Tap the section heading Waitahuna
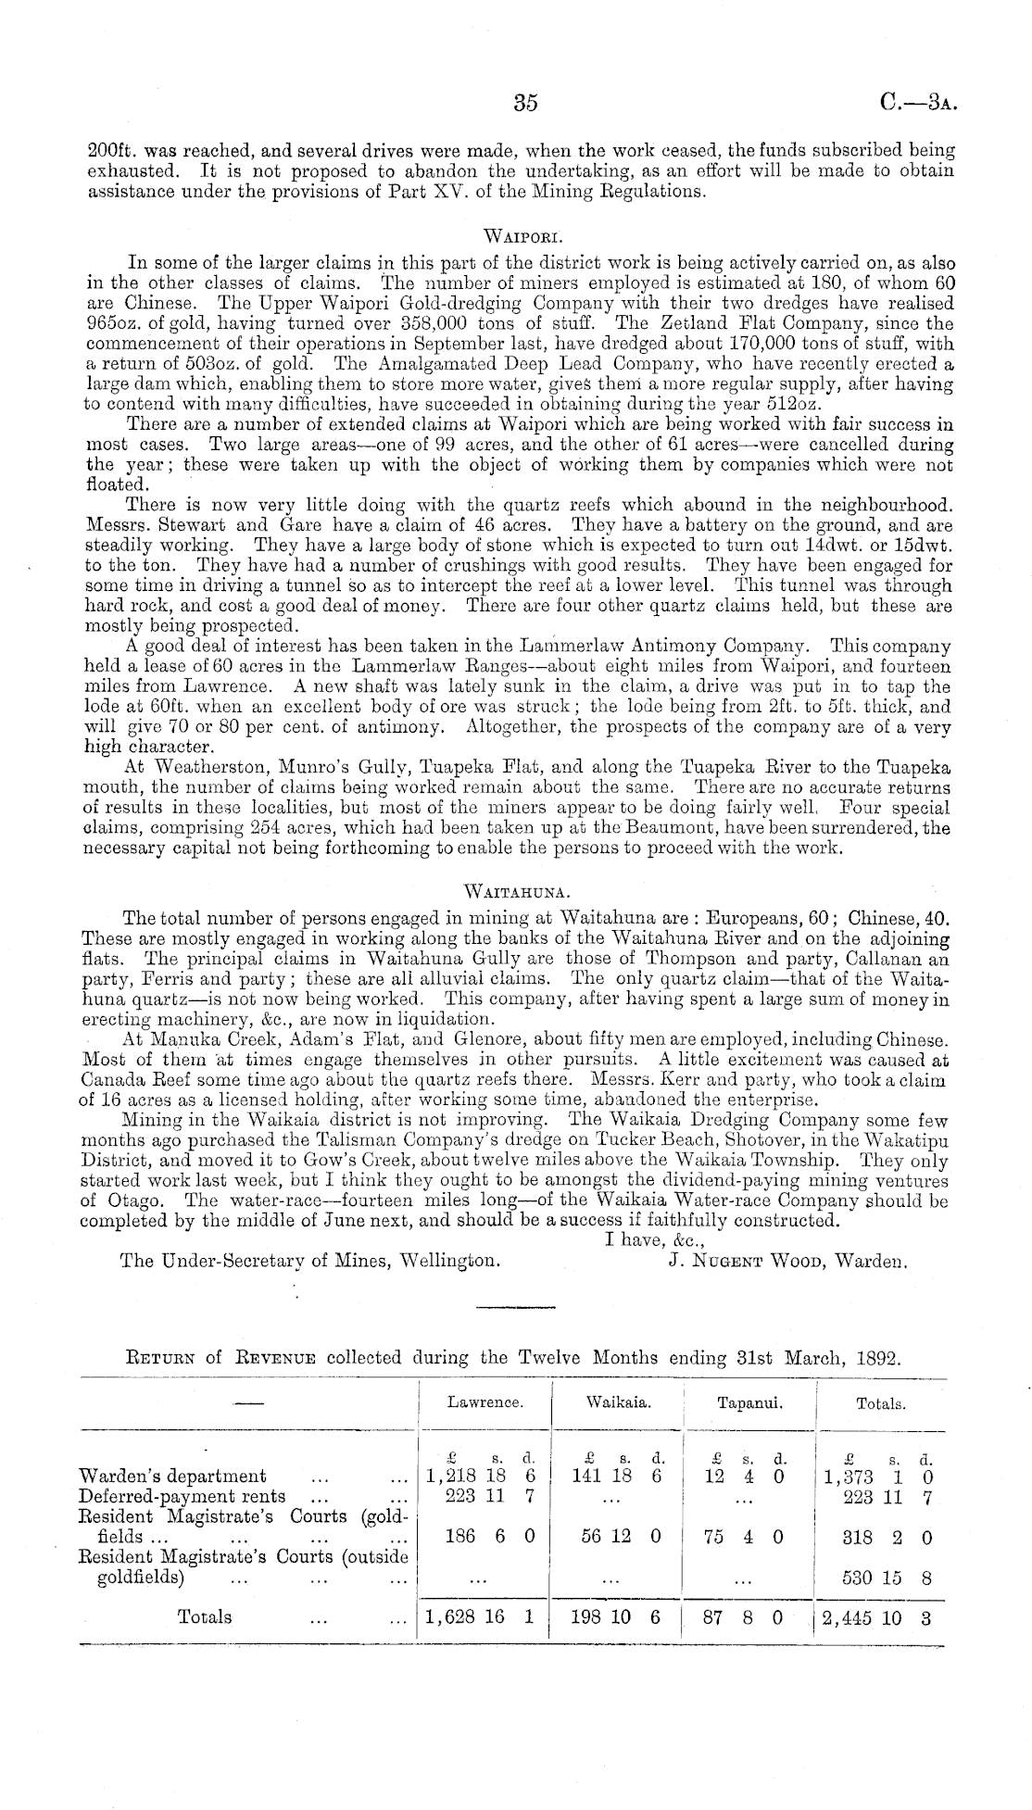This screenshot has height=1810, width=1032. pyautogui.click(x=515, y=891)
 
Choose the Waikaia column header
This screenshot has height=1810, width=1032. pyautogui.click(x=618, y=1403)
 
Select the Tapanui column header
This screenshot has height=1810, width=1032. pyautogui.click(x=749, y=1403)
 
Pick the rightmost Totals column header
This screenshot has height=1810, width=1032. pyautogui.click(x=880, y=1403)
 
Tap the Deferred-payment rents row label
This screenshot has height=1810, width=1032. pyautogui.click(x=182, y=1496)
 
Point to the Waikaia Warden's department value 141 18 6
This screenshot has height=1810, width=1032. pyautogui.click(x=616, y=1477)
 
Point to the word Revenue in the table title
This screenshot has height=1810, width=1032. pyautogui.click(x=276, y=1359)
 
